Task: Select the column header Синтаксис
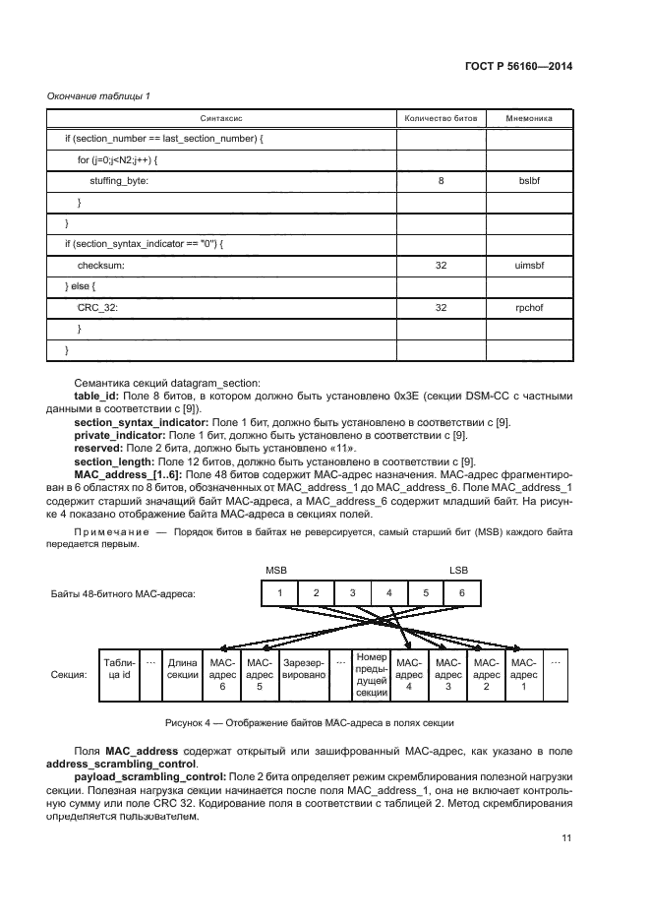(221, 118)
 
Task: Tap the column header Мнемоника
(528, 118)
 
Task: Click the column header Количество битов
(441, 118)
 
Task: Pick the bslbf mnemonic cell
(529, 181)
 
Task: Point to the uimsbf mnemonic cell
(529, 265)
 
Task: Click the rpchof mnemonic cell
(529, 307)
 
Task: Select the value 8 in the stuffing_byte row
(441, 181)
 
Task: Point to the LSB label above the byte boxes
(459, 571)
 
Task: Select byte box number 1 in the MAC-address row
(279, 593)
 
